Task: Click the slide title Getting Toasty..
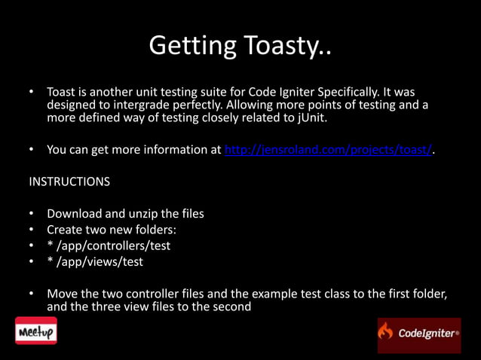click(x=240, y=47)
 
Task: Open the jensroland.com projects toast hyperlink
click(x=329, y=150)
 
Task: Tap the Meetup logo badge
click(x=36, y=331)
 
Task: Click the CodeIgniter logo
click(x=418, y=334)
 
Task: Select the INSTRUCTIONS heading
click(x=69, y=182)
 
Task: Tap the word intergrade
click(x=136, y=105)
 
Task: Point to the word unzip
click(x=147, y=213)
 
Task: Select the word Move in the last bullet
click(x=63, y=293)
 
